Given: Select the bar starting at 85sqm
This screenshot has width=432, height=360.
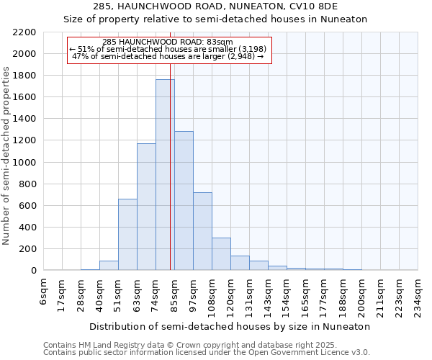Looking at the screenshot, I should (x=184, y=201).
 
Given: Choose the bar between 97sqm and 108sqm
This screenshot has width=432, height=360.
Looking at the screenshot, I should (x=202, y=231).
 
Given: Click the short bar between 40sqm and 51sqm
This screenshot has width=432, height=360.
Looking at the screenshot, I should (x=109, y=266).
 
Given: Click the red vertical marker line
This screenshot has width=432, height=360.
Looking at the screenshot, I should (x=170, y=180).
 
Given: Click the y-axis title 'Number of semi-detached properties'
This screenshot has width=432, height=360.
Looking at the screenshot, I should (x=6, y=156).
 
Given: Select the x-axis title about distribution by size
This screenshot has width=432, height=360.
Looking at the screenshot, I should (x=231, y=326).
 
